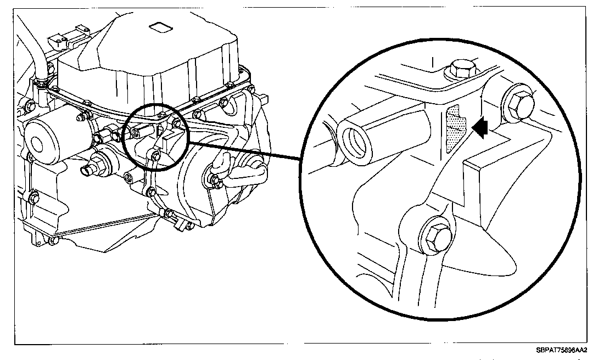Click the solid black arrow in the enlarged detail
point(480,127)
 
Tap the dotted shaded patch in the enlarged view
point(455,129)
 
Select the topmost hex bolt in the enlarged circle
point(462,70)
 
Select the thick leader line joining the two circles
point(247,151)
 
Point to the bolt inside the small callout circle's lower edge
point(155,156)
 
